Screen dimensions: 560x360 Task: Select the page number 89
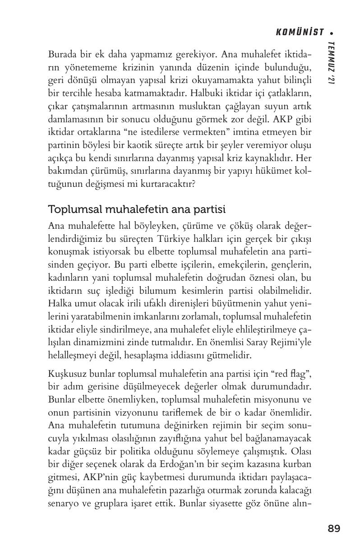tap(334, 528)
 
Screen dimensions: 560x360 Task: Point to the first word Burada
tap(61, 55)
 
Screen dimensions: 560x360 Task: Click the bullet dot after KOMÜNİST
tap(332, 33)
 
